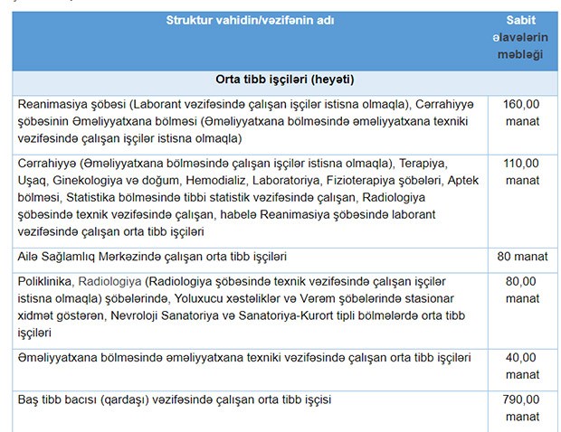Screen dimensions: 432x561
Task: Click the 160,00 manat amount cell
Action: [521, 112]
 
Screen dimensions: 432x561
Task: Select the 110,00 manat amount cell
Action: [521, 172]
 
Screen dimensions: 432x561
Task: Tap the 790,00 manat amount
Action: [521, 408]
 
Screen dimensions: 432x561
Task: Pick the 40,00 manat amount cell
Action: [521, 366]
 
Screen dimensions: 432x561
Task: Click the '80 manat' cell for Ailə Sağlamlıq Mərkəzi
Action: [522, 257]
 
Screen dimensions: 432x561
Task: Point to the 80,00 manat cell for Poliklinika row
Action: [521, 289]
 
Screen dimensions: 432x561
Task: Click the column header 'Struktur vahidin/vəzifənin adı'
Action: [251, 19]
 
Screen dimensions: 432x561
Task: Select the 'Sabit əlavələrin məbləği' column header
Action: [521, 37]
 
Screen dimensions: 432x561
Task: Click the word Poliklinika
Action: [48, 281]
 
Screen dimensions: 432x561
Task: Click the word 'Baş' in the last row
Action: [30, 399]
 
